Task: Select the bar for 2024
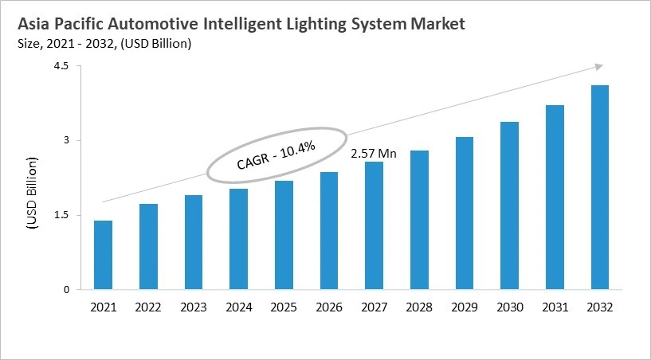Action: [238, 239]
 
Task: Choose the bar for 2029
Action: [464, 213]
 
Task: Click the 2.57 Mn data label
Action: [374, 152]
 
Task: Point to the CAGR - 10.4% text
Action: [276, 155]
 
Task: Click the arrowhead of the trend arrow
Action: [598, 68]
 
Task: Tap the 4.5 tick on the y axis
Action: [62, 67]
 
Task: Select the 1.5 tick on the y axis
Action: [62, 215]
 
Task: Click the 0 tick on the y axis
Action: [67, 290]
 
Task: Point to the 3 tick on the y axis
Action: [67, 141]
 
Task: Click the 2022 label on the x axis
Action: [147, 307]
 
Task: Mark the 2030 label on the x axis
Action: [509, 307]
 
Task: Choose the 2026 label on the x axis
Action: [328, 307]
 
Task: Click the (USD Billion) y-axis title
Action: [33, 194]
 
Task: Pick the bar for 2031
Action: [555, 198]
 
